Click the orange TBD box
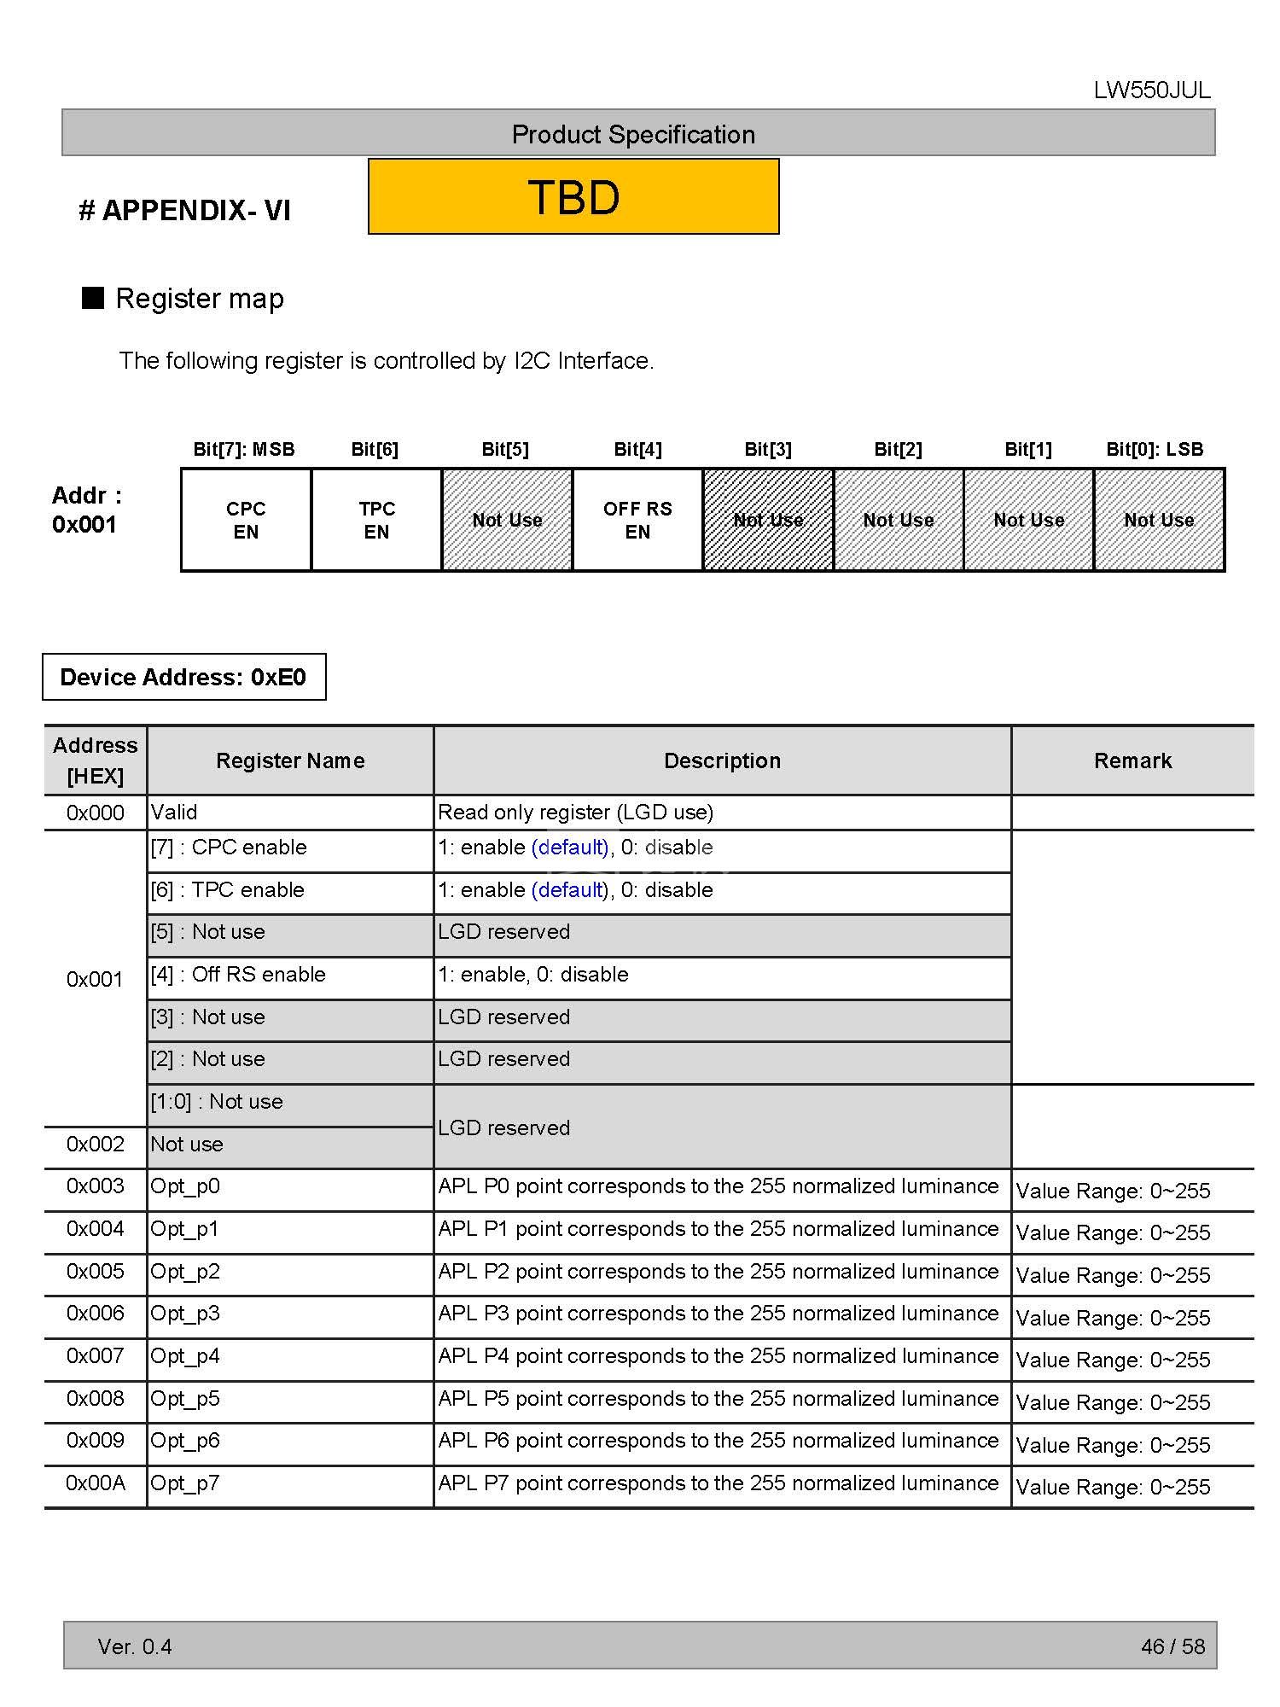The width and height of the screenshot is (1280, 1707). point(573,196)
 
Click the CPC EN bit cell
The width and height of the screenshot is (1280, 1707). point(246,520)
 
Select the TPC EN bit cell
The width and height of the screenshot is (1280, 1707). point(376,520)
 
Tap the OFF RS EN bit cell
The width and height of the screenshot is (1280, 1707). point(637,520)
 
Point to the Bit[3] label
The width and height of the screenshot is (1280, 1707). point(768,449)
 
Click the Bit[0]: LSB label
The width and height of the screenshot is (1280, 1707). point(1155,449)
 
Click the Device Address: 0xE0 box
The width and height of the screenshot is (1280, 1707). point(183,677)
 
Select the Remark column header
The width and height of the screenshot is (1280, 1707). point(1132,760)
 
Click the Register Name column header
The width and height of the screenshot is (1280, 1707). point(290,760)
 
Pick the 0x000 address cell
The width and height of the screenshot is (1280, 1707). point(96,813)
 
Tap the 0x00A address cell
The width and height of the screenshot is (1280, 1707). point(96,1483)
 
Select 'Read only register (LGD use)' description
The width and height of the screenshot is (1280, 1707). point(575,813)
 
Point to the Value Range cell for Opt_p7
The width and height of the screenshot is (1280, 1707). point(1113,1487)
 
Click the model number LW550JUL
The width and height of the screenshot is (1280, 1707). point(1152,90)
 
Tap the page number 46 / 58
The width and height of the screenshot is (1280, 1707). point(1172,1646)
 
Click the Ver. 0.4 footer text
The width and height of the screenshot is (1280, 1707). point(135,1646)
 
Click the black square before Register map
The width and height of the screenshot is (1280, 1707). point(92,298)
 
